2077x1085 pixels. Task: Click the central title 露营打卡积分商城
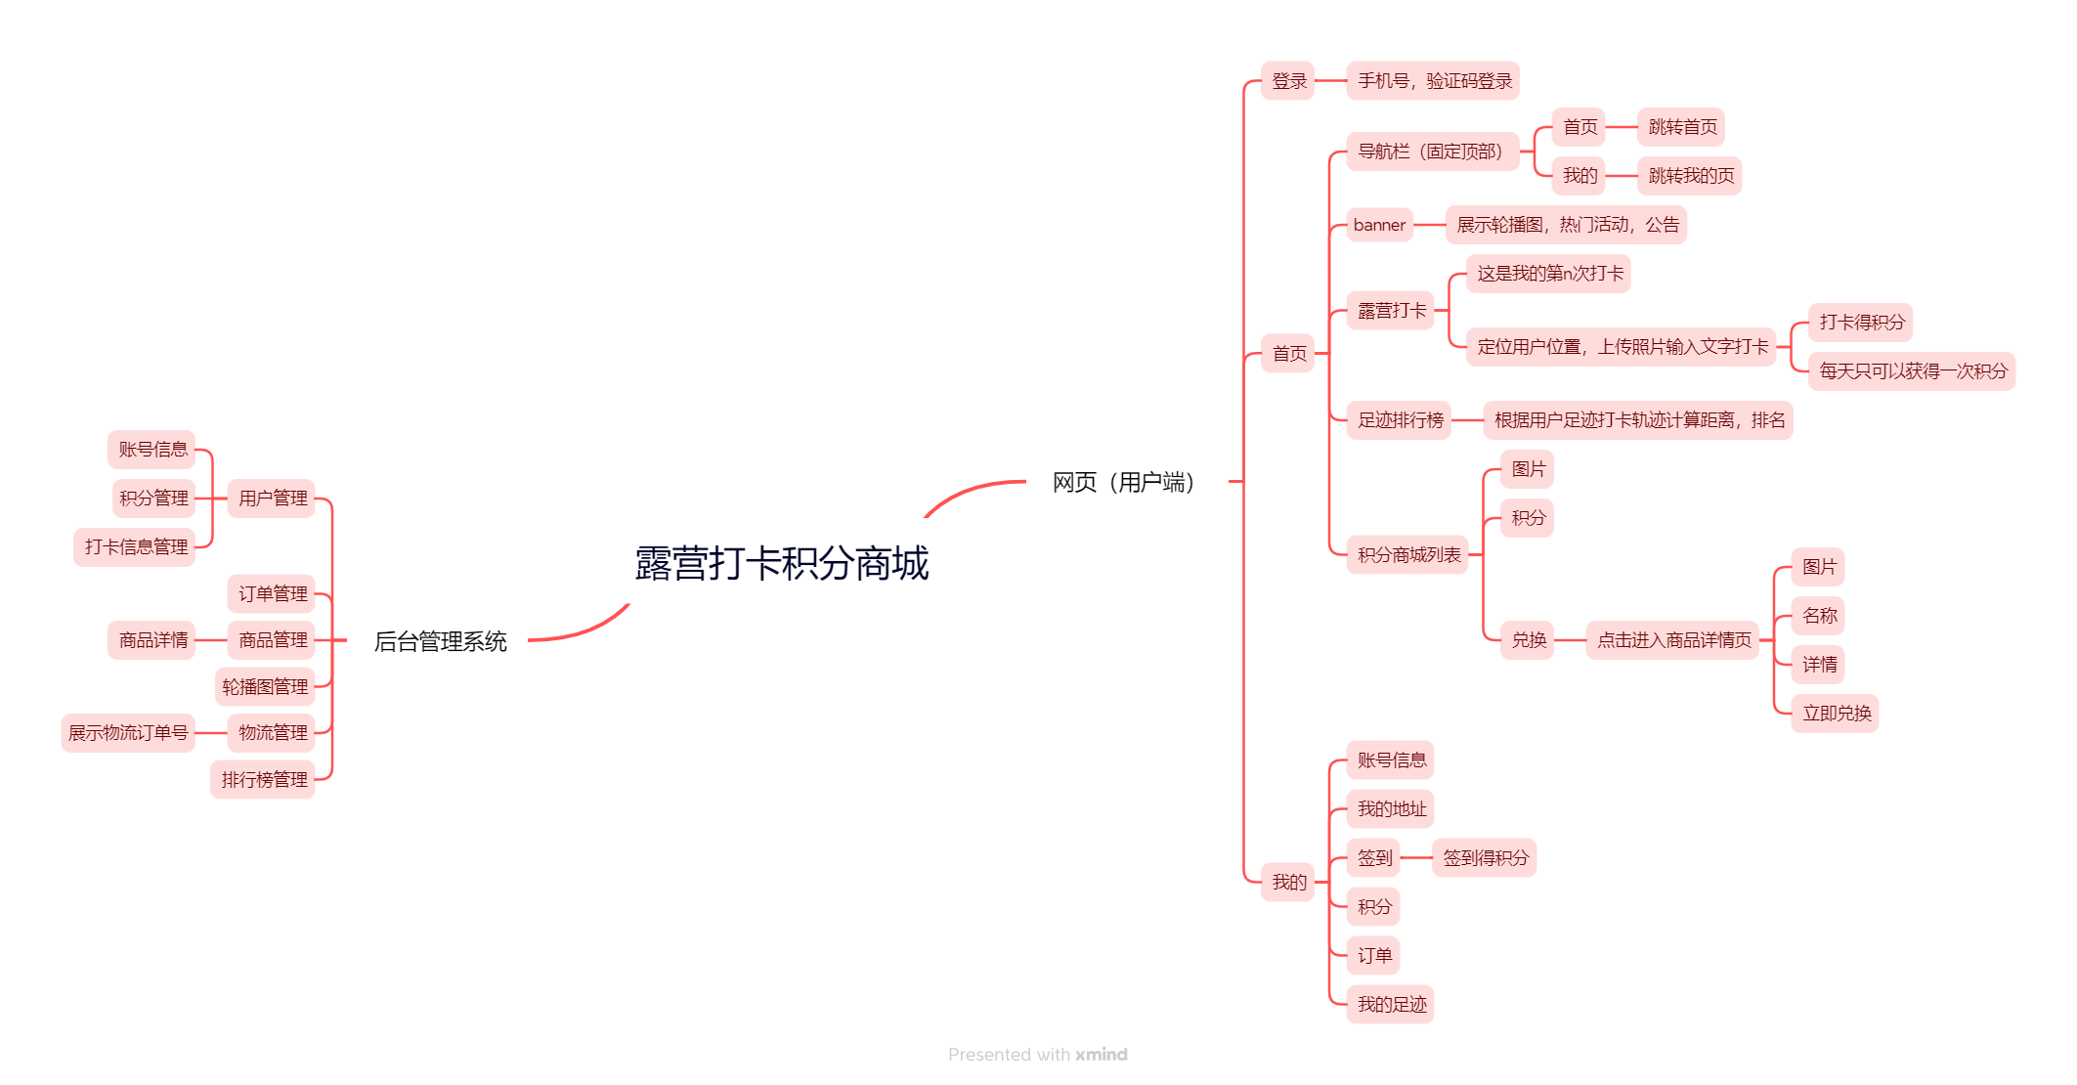click(x=781, y=563)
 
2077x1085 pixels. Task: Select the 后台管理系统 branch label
click(x=440, y=641)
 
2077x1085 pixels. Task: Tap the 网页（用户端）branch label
click(x=1123, y=482)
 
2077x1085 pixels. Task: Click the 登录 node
click(x=1288, y=81)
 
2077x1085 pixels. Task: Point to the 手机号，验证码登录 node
click(x=1433, y=81)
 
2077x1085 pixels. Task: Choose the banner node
click(x=1379, y=225)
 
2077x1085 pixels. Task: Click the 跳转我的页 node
click(x=1690, y=176)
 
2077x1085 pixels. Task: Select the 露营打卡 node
click(x=1391, y=311)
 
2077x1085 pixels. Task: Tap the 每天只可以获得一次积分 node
click(x=1912, y=371)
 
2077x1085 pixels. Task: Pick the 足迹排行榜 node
click(x=1400, y=420)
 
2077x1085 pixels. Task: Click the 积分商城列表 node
click(x=1407, y=555)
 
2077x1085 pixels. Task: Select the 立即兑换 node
click(x=1836, y=714)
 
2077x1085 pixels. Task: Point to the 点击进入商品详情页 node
click(x=1672, y=640)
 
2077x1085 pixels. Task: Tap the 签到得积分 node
click(x=1485, y=858)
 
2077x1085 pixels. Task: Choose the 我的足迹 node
click(x=1391, y=1005)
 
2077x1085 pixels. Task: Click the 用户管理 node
click(x=272, y=499)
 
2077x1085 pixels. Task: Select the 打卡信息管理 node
click(x=135, y=547)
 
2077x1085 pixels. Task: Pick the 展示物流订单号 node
click(x=128, y=733)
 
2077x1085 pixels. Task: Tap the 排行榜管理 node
click(x=263, y=780)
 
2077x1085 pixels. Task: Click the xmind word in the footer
click(x=1101, y=1055)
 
